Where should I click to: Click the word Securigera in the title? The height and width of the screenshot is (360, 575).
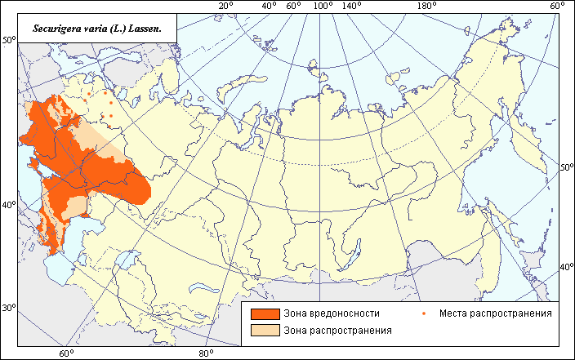58,28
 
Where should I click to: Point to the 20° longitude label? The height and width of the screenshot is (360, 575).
226,7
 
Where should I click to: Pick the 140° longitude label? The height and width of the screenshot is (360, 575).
352,7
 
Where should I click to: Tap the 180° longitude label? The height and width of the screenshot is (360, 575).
426,7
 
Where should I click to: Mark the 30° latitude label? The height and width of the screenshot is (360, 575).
9,309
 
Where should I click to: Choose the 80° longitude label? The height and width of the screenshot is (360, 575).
206,353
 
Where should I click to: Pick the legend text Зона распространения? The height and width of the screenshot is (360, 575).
337,331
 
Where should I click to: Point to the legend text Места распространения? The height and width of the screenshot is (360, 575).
495,313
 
